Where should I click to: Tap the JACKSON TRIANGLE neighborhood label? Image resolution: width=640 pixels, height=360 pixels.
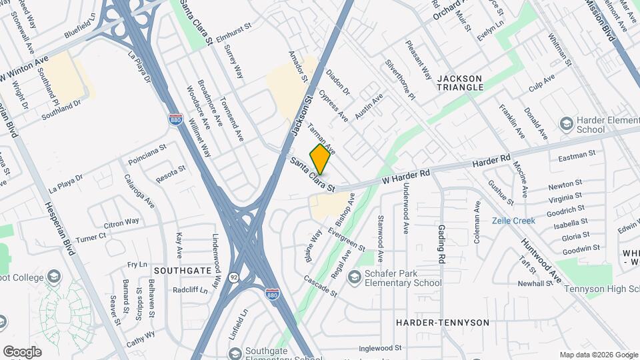[x=460, y=83]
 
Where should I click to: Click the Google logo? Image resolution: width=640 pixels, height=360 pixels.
[x=22, y=351]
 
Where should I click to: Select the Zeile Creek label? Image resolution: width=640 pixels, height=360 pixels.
[x=513, y=221]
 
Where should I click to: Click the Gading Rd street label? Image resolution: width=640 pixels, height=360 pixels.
[x=441, y=242]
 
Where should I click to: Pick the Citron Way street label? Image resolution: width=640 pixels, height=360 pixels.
[x=121, y=221]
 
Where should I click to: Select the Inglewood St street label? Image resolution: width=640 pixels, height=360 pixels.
[x=381, y=348]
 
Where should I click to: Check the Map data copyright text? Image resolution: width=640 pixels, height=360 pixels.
[x=597, y=355]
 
